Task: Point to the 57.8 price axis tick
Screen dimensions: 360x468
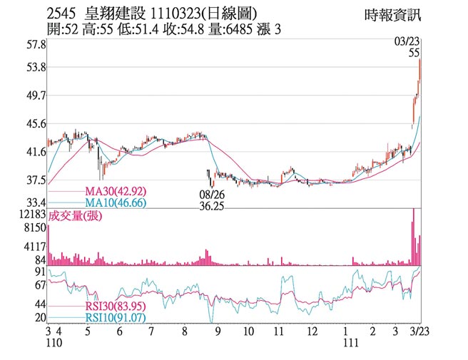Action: (36, 44)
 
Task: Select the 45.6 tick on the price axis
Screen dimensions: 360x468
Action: (36, 123)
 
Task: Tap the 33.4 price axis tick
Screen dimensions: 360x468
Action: (36, 202)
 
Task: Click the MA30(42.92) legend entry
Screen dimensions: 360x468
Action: (116, 192)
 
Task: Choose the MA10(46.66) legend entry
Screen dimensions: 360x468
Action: (116, 203)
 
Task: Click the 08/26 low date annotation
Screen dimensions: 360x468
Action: (213, 193)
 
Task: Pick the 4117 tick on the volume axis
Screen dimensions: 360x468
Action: (34, 246)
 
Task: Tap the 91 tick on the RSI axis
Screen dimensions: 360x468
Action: (40, 272)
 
